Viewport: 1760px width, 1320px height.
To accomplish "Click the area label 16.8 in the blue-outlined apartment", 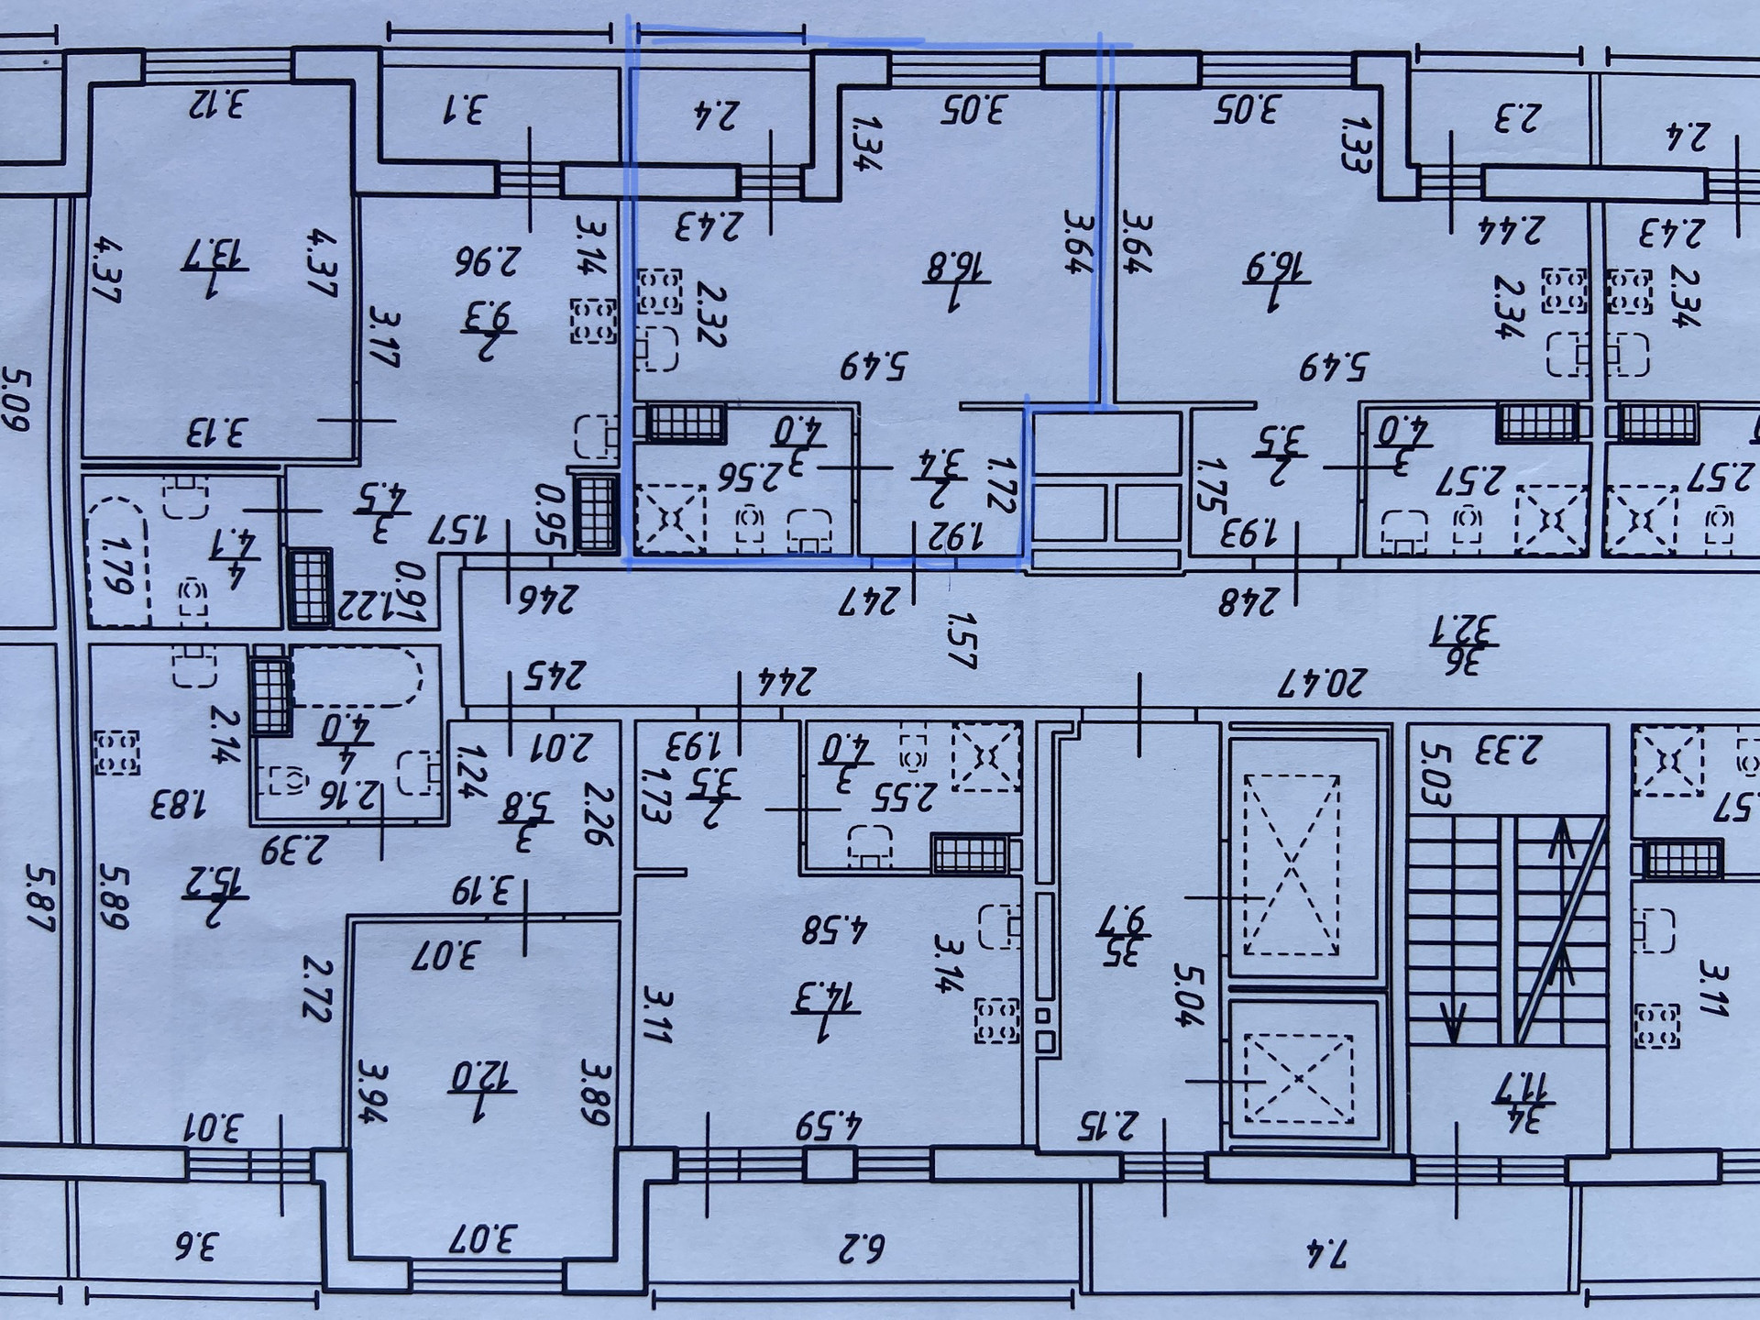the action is click(955, 269).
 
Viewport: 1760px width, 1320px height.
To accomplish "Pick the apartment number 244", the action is click(786, 680).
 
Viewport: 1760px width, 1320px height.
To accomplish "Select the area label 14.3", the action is click(825, 996).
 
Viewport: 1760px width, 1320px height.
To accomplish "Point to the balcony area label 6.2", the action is click(861, 1248).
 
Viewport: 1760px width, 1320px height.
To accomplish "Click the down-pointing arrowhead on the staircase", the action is click(1454, 1023).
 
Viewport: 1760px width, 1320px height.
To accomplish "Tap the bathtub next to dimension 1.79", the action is click(116, 562).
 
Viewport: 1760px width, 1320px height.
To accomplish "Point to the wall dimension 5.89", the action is click(113, 896).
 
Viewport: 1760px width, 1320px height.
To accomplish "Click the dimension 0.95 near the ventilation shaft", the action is click(550, 515).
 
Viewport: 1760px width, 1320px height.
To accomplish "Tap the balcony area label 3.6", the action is click(194, 1247).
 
